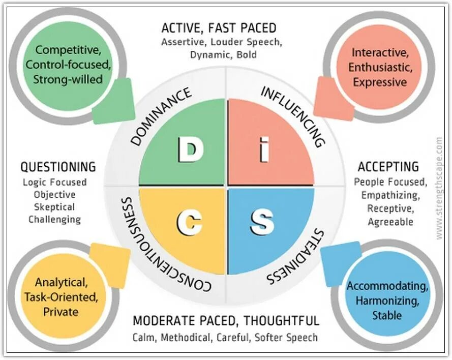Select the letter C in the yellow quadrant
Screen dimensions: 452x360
tap(189, 222)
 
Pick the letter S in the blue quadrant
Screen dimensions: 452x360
tap(262, 222)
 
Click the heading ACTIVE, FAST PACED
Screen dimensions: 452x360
tap(219, 27)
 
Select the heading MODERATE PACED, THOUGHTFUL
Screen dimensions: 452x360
tap(226, 321)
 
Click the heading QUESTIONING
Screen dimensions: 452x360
tap(58, 167)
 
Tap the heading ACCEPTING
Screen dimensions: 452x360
tap(388, 167)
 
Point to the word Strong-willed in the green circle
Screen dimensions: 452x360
tap(68, 79)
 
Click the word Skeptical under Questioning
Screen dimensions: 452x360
tap(54, 207)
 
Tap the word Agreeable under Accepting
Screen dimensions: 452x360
tap(390, 222)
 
